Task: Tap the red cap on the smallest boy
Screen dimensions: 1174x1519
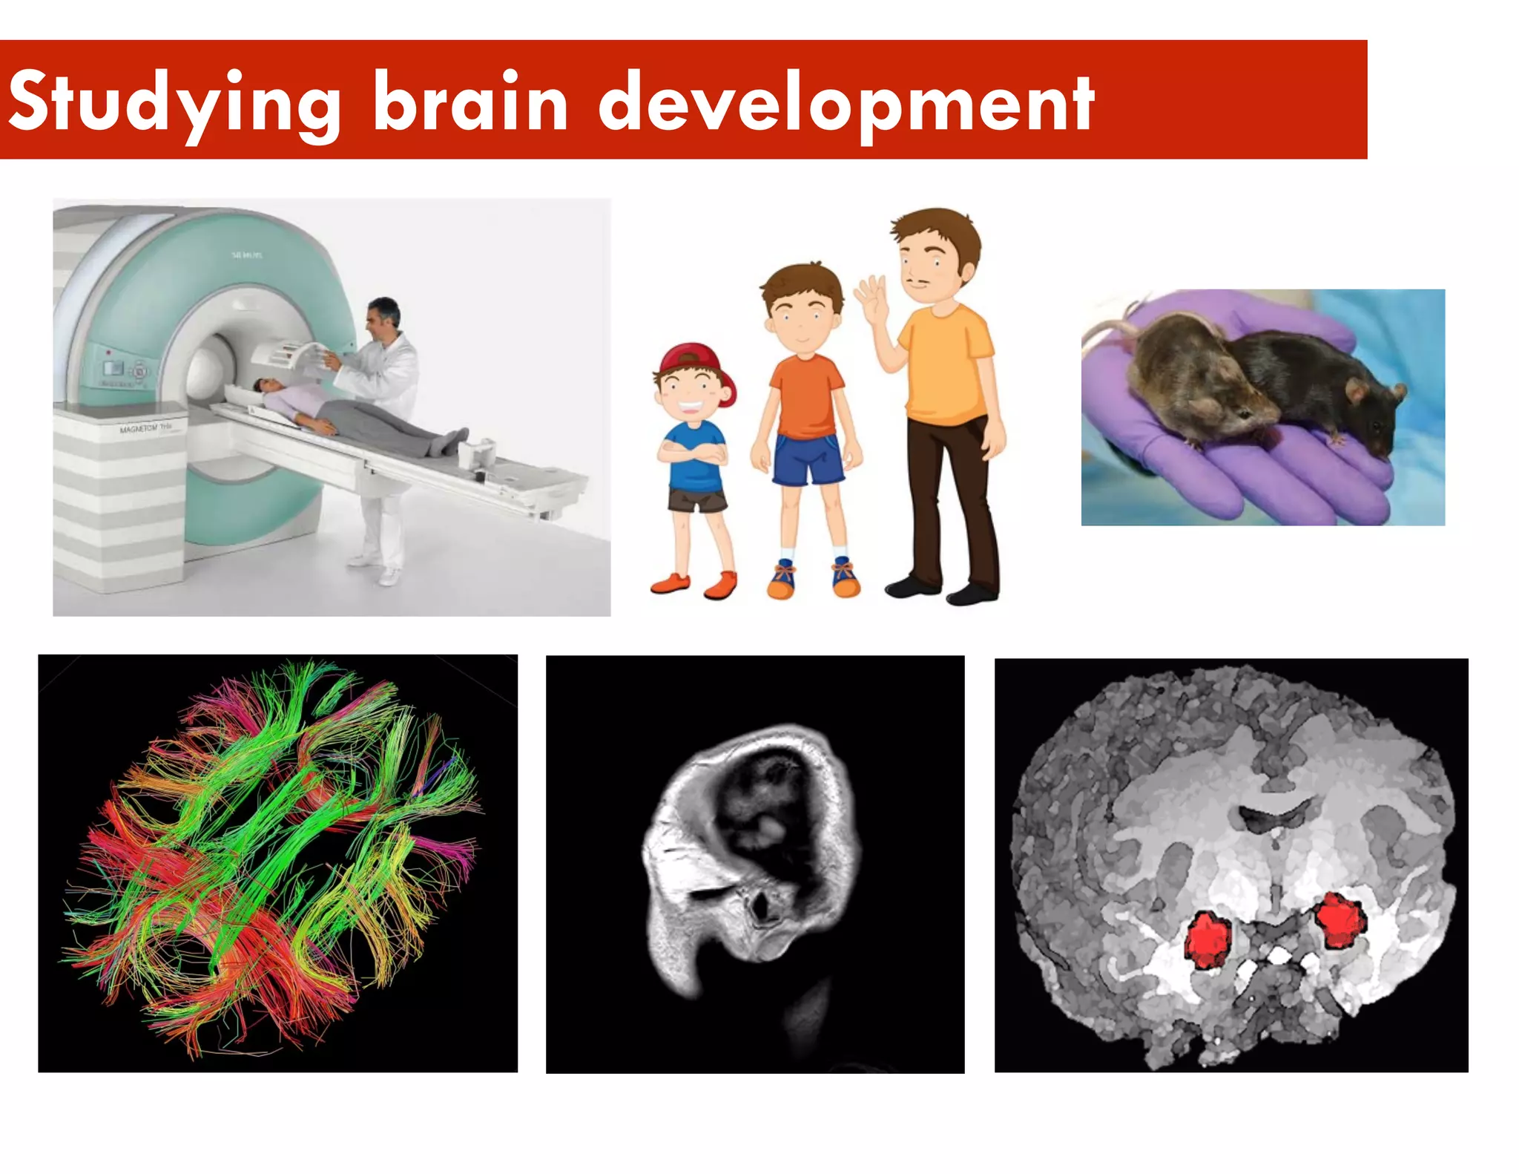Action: point(694,360)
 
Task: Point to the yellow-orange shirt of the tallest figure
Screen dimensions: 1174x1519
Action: point(946,364)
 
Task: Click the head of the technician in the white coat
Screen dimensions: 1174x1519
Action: point(383,315)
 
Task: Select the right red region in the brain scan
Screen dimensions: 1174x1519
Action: point(1339,920)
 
